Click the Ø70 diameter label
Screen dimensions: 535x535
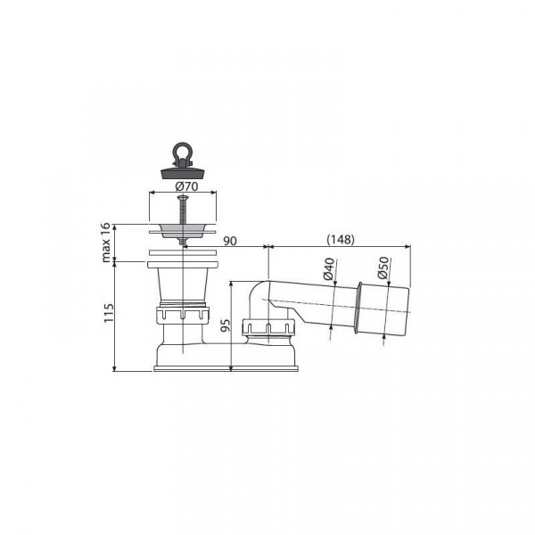(186, 187)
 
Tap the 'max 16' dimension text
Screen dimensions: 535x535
(106, 243)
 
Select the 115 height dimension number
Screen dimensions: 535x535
(108, 312)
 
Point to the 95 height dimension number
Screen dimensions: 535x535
(226, 325)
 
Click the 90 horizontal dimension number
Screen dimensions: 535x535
(230, 241)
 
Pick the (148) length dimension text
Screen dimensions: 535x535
(341, 240)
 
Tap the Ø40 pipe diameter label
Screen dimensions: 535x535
(329, 269)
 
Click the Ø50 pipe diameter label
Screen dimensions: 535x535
(383, 267)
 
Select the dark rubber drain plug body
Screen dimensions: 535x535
(183, 172)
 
